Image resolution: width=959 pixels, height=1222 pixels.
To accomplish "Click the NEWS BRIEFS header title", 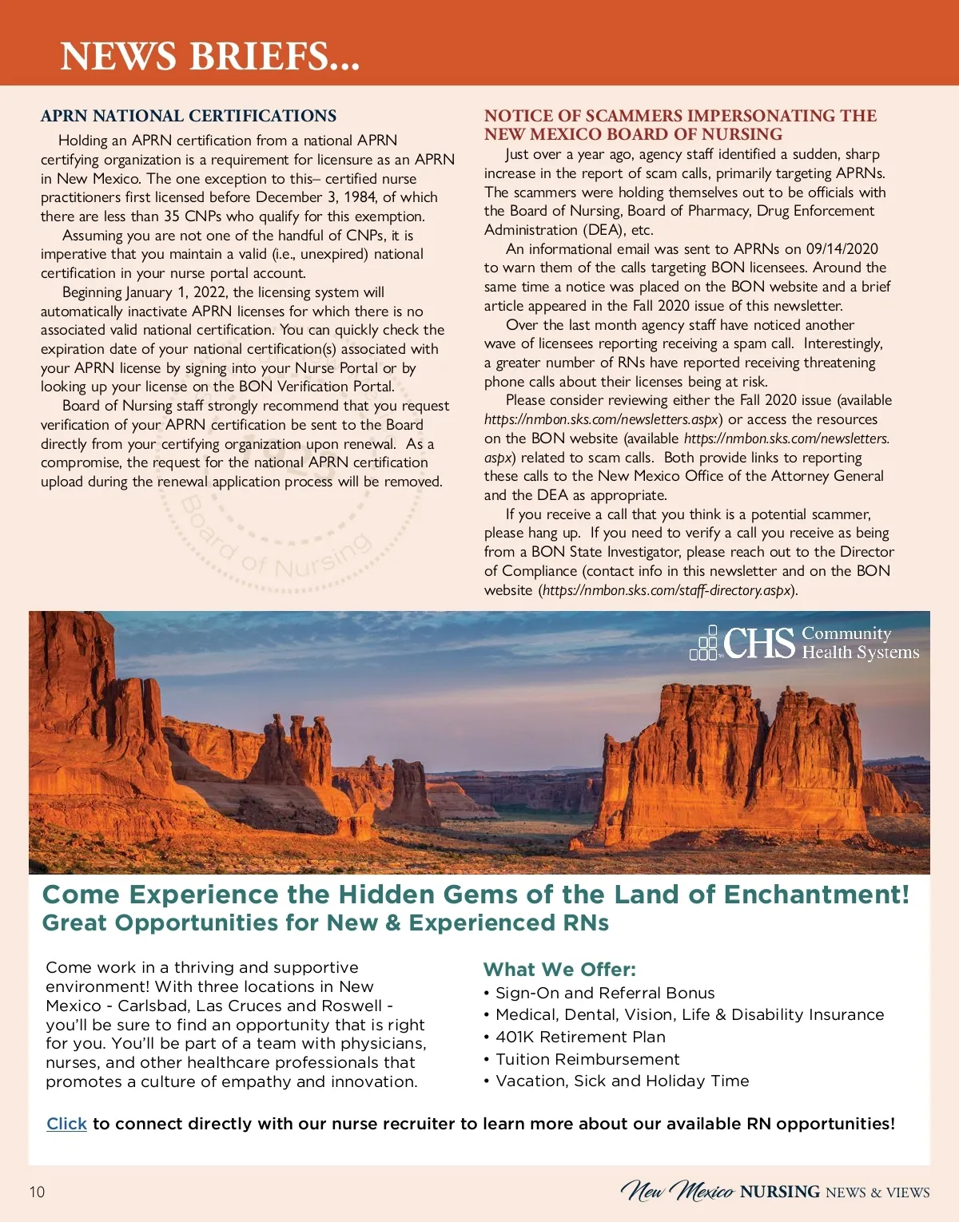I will (209, 56).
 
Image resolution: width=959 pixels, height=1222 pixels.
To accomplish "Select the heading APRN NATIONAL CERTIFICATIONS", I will (189, 116).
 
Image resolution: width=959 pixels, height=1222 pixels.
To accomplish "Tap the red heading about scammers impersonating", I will (680, 125).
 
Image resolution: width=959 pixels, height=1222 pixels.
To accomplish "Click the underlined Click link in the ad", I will (66, 1124).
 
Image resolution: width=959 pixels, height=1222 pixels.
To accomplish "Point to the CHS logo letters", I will (758, 644).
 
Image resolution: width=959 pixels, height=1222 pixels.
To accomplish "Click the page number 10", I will (37, 1192).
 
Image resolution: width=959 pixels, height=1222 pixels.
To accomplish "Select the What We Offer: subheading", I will (559, 970).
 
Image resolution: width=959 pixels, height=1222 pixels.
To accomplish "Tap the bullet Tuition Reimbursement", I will (587, 1059).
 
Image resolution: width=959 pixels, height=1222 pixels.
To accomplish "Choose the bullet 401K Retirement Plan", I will (580, 1037).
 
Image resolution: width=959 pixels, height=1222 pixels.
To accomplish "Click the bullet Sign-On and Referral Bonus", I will (605, 993).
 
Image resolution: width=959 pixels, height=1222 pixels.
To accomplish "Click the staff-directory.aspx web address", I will (667, 590).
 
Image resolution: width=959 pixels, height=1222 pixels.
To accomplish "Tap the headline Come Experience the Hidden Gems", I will (476, 895).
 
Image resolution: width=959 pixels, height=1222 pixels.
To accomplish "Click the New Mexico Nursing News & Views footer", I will (774, 1192).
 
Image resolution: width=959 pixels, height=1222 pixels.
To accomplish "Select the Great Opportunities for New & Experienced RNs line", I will (325, 923).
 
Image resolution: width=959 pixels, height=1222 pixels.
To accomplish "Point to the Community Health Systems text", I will (860, 643).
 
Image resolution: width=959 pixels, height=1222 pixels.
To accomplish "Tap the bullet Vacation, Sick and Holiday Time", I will (622, 1081).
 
